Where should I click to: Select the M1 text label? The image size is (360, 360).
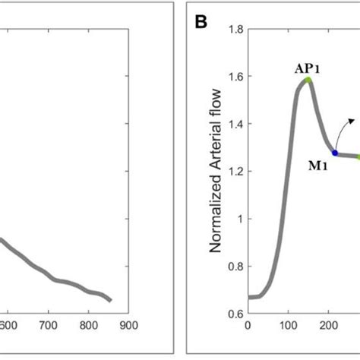point(317,166)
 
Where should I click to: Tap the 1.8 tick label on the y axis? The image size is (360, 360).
point(234,30)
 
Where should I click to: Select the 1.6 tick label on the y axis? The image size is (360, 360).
point(234,77)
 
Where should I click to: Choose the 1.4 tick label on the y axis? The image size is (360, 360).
point(234,124)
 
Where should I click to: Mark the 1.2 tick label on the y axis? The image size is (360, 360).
point(234,172)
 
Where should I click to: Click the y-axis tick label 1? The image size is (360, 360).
point(238,219)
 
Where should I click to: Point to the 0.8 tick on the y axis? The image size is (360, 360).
point(234,266)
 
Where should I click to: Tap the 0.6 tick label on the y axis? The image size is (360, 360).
point(234,313)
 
